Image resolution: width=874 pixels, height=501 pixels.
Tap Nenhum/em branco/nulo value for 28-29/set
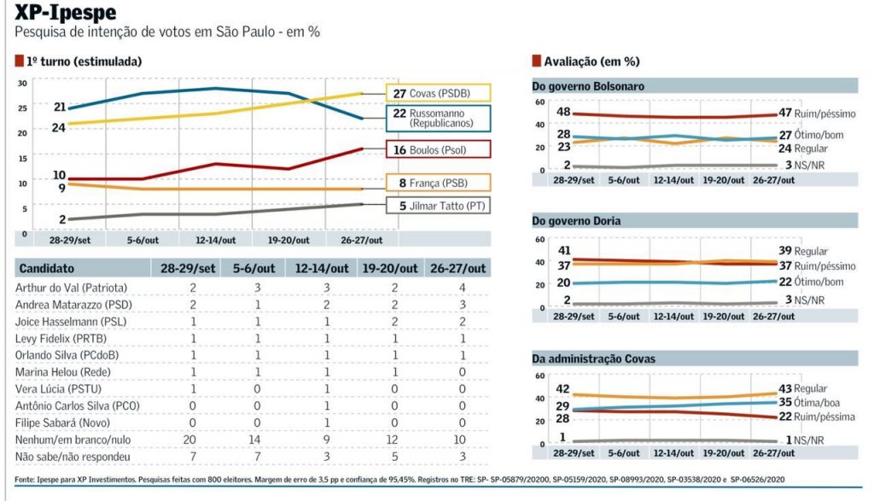tap(192, 440)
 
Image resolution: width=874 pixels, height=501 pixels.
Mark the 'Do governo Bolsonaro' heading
tap(588, 86)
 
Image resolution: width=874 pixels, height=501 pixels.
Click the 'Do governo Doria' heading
tap(576, 221)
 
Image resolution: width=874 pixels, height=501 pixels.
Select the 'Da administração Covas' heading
tap(593, 358)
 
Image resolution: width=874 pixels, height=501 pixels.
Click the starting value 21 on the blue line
tap(59, 107)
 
